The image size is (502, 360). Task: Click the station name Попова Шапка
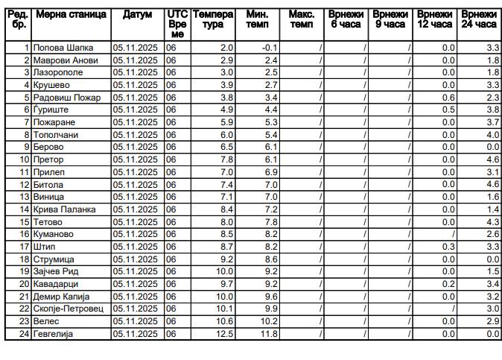(57, 48)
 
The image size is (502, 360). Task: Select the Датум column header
(137, 14)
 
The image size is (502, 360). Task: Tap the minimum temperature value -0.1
(270, 48)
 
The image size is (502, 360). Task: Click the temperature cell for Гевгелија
(224, 334)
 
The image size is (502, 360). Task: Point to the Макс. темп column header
(301, 19)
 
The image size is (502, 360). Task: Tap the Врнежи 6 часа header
(346, 19)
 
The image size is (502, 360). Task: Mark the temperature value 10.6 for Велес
(224, 321)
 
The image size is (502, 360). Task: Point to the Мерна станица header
(71, 14)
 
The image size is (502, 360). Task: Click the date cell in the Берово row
(136, 148)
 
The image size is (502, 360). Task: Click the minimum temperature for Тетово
(270, 222)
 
